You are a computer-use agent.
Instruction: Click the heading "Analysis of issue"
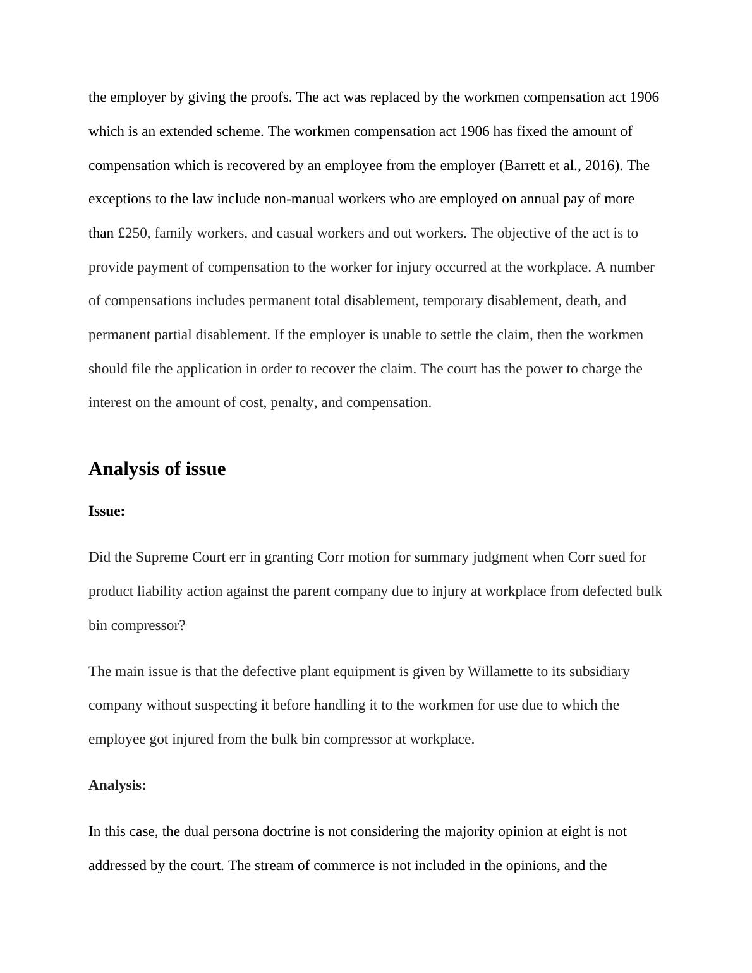157,469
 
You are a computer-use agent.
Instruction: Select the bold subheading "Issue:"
107,511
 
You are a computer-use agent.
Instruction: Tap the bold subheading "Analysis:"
118,785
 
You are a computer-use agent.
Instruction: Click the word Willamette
500,671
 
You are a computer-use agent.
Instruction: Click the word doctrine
286,831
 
